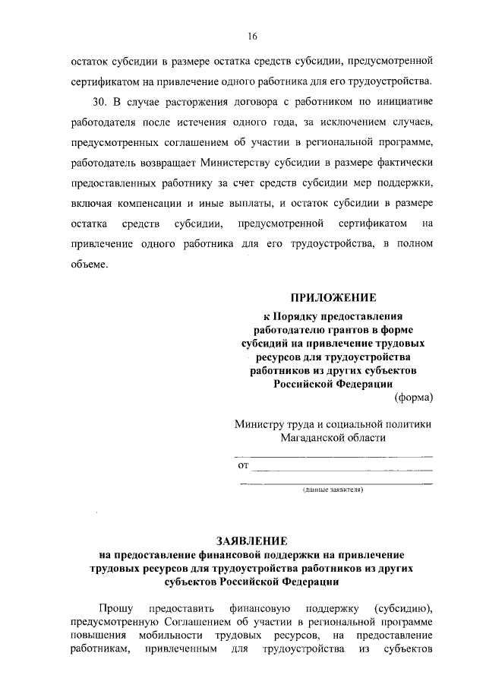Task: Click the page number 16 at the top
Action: (x=252, y=36)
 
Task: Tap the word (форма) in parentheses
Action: (x=414, y=398)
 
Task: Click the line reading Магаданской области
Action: (x=333, y=438)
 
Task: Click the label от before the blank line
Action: (x=244, y=464)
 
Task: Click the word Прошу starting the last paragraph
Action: (x=116, y=609)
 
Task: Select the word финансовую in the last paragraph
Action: (x=257, y=609)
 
